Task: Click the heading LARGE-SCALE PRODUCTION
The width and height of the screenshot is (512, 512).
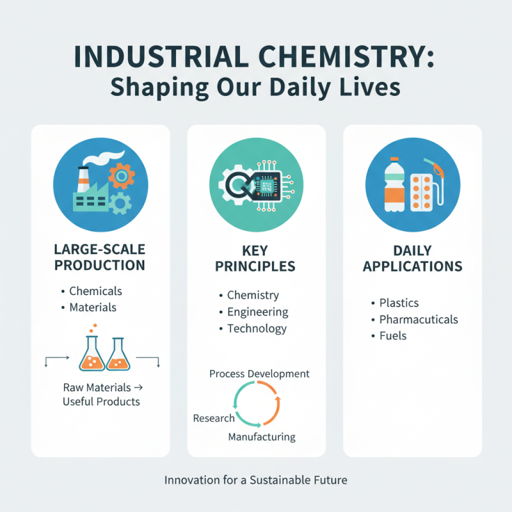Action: point(100,257)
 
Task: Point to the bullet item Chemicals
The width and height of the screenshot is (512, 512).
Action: point(95,291)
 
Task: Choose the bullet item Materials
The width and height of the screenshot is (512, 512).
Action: point(93,307)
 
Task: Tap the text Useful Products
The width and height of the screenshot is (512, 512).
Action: point(101,402)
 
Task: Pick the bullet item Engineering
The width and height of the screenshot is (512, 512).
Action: point(258,312)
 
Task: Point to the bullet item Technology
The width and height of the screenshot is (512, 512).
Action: point(257,329)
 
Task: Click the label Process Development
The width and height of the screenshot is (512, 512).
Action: point(259,374)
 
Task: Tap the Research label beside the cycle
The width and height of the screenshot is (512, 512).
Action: point(214,419)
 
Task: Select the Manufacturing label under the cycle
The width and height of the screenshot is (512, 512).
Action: point(262,437)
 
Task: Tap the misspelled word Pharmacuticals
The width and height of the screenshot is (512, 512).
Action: point(419,319)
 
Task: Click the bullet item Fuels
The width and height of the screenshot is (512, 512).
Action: point(392,335)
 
